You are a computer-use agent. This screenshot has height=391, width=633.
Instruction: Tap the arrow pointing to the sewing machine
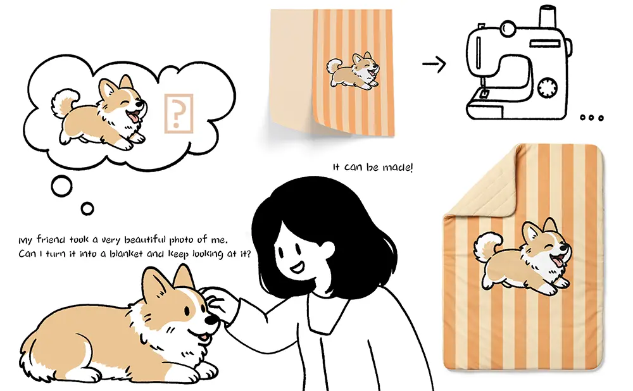point(434,64)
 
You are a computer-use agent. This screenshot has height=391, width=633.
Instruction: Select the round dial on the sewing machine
point(548,87)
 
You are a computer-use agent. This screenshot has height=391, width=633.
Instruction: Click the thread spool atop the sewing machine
point(548,16)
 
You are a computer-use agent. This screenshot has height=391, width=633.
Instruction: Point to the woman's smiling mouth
point(298,267)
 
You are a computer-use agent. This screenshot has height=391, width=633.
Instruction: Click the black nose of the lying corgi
point(211,320)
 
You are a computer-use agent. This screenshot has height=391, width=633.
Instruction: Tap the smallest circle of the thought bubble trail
point(87,209)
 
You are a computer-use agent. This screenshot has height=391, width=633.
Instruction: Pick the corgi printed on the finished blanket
point(523,256)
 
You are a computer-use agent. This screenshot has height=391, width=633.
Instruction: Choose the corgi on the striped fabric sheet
point(353,71)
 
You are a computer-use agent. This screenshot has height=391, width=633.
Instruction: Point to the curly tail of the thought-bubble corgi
point(64,103)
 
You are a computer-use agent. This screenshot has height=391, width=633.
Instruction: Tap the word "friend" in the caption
point(51,240)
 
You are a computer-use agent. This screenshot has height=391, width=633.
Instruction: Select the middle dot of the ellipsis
point(591,118)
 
